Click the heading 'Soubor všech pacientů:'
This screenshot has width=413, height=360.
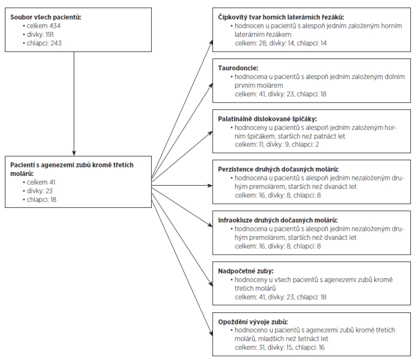click(45, 17)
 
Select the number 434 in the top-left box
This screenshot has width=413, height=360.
click(55, 26)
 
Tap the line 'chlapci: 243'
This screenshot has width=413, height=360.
click(44, 43)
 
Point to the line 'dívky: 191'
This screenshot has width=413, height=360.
click(40, 35)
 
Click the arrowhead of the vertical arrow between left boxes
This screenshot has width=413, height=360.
click(74, 153)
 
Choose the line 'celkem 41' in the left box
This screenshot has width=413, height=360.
click(41, 182)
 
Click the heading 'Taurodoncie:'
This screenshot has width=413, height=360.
click(238, 68)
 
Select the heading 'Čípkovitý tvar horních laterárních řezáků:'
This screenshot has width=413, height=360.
click(281, 17)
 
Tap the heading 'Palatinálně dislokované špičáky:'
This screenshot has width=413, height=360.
click(268, 119)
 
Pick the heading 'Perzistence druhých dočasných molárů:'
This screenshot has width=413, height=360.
click(278, 169)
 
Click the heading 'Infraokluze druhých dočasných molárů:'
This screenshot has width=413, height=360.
click(278, 220)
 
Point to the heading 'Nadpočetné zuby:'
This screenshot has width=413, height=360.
click(246, 271)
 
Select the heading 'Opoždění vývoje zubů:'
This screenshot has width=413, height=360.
click(253, 322)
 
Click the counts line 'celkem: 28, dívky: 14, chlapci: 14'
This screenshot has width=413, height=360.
click(281, 43)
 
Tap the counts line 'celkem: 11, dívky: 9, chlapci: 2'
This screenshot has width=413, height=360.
click(277, 144)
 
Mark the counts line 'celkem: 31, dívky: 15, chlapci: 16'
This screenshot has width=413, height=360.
click(280, 347)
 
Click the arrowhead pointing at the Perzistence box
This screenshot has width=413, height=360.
click(210, 185)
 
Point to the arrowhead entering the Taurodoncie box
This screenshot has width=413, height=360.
click(211, 85)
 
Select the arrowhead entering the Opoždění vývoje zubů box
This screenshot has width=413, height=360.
click(211, 333)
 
